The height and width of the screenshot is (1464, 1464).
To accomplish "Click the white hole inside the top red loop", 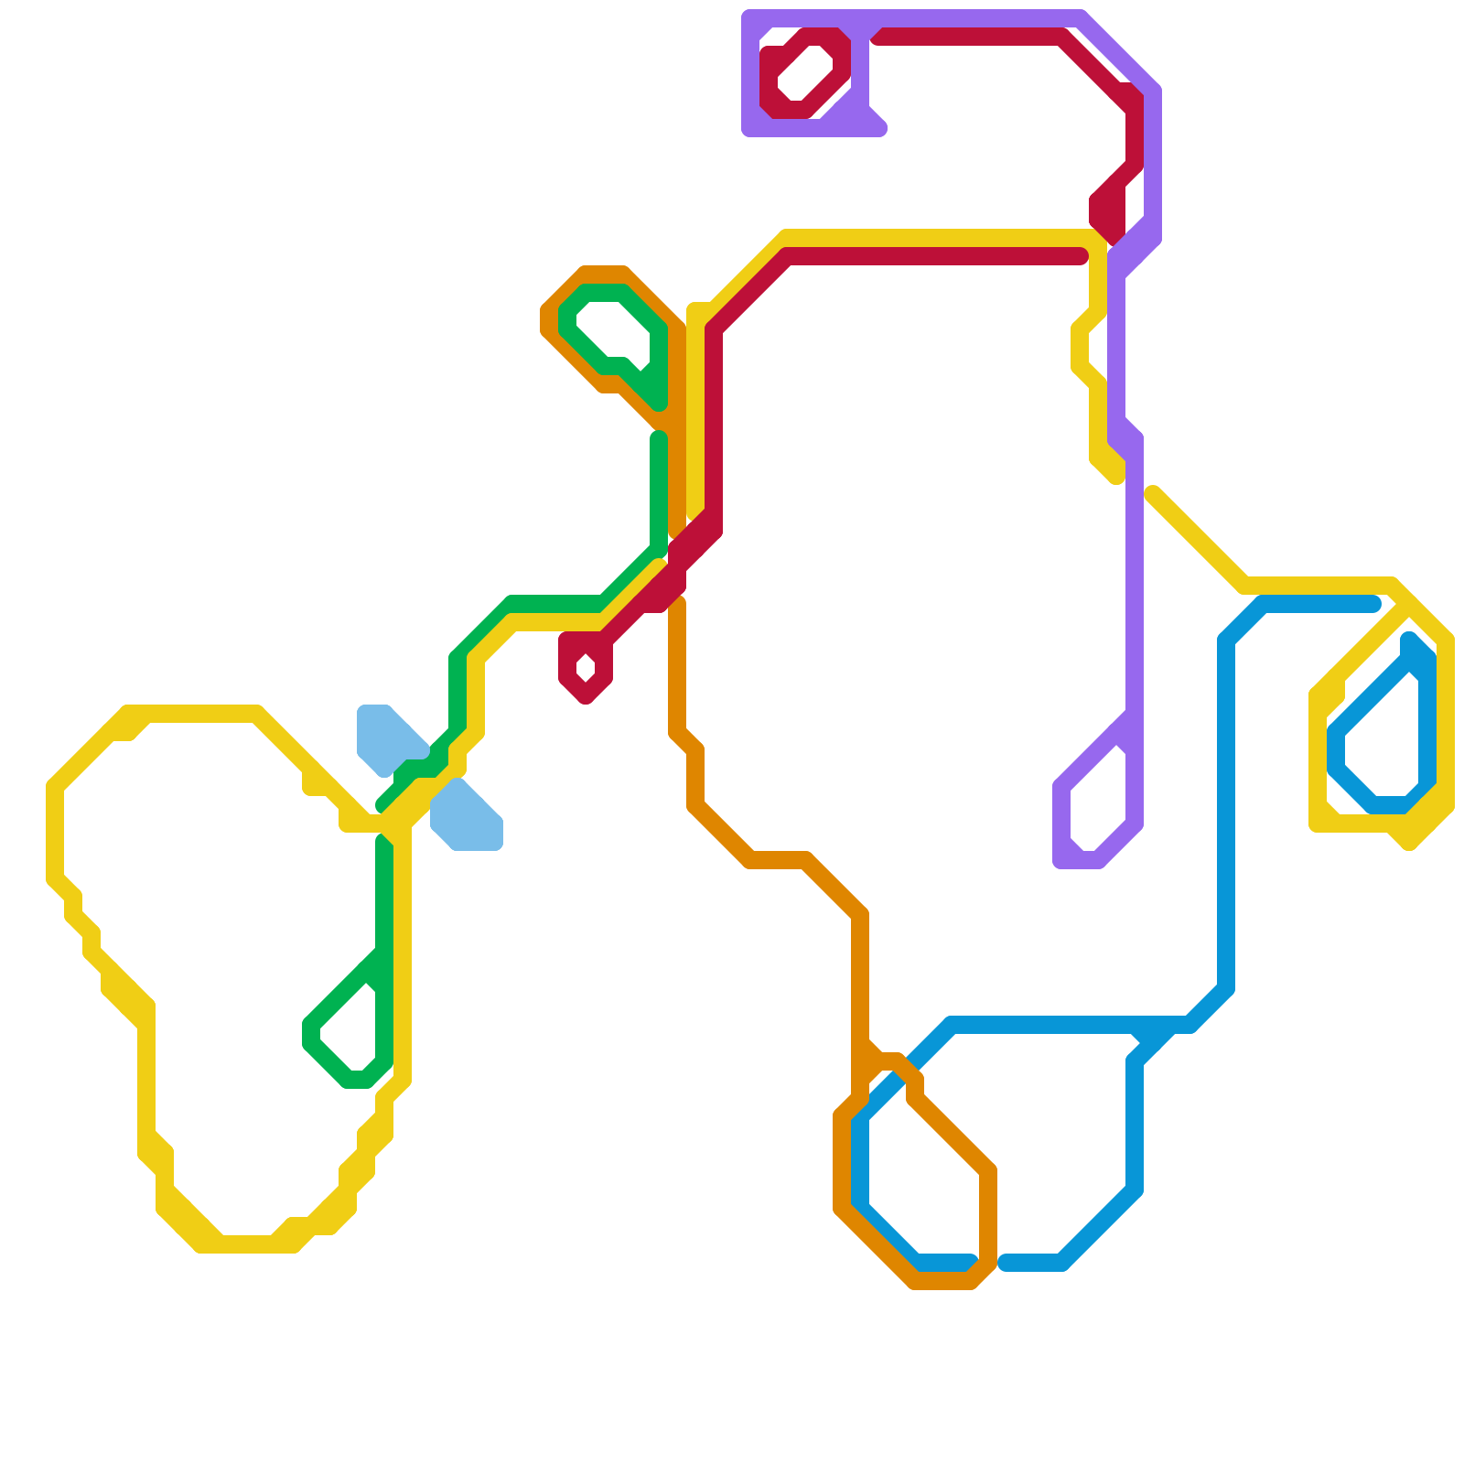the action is pyautogui.click(x=805, y=73).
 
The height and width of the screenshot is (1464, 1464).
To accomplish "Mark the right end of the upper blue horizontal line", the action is pyautogui.click(x=1374, y=604).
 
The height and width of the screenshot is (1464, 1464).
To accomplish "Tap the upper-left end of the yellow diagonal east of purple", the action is pyautogui.click(x=1152, y=494).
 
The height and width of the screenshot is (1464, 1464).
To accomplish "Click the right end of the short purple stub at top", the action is pyautogui.click(x=880, y=129).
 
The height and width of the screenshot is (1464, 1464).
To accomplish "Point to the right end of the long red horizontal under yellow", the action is pyautogui.click(x=1082, y=257).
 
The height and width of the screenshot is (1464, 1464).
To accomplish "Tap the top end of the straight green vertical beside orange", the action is pyautogui.click(x=659, y=438).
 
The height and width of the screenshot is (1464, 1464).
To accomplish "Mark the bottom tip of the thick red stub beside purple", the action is pyautogui.click(x=1113, y=238).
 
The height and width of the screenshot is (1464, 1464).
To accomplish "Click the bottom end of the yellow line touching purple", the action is pyautogui.click(x=1116, y=477).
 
